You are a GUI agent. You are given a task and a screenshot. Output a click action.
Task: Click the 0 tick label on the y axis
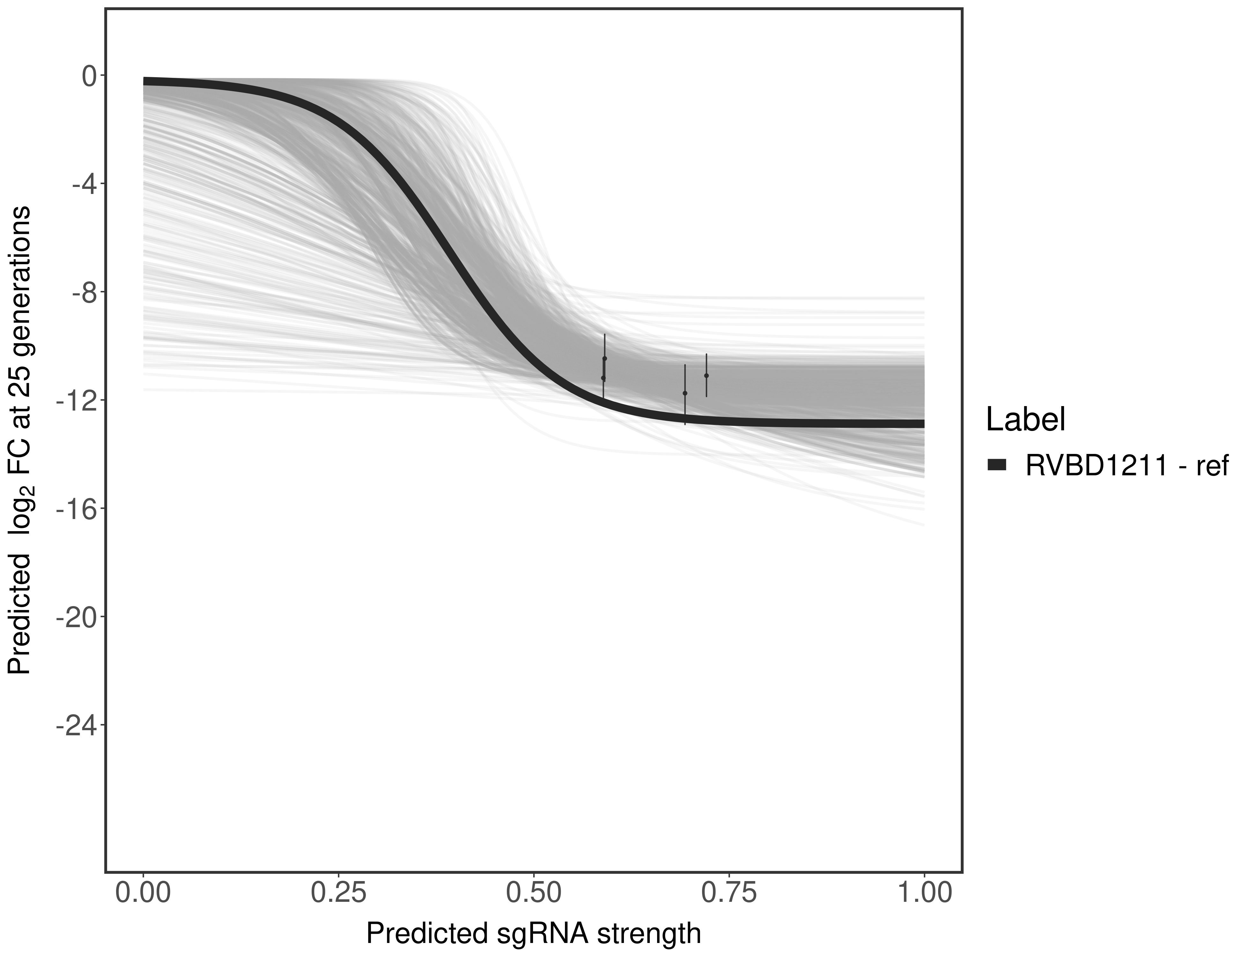click(x=89, y=76)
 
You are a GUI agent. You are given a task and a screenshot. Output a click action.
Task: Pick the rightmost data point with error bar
click(x=706, y=375)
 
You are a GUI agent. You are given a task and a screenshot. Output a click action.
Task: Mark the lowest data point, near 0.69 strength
click(x=685, y=393)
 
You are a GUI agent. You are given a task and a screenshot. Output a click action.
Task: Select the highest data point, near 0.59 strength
click(x=605, y=358)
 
